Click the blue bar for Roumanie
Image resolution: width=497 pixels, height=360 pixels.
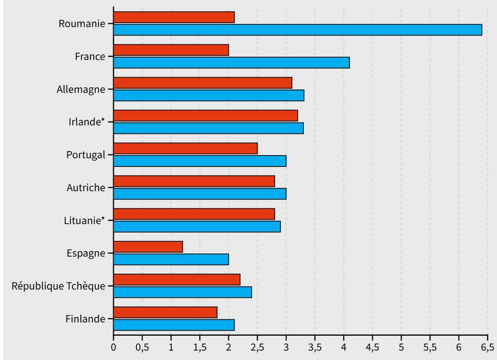pos(298,30)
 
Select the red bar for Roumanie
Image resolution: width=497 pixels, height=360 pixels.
pos(174,17)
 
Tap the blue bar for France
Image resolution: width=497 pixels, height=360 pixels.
pos(231,63)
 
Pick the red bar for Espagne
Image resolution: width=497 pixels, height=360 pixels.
pos(148,247)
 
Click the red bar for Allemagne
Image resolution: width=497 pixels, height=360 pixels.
pos(202,83)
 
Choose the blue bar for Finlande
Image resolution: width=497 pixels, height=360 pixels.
pos(174,325)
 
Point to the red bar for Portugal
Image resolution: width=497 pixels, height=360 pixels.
pos(185,149)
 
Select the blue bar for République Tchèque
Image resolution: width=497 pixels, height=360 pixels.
pos(183,292)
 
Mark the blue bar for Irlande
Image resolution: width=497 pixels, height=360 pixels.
pos(208,128)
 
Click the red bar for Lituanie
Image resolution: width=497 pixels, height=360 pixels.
pos(194,214)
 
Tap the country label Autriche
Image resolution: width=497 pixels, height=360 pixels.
pos(86,188)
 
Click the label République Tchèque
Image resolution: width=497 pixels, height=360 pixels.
pos(59,286)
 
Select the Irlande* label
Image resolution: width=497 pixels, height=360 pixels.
pos(86,122)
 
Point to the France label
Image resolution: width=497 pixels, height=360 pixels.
pos(90,56)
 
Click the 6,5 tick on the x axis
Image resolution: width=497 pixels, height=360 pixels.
pos(487,348)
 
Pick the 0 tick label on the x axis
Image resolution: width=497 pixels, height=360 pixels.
pos(114,348)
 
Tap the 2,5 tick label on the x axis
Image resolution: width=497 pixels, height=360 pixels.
pos(257,348)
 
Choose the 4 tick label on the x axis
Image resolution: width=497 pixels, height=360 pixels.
pos(344,348)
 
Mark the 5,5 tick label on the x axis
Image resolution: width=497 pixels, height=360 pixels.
pos(430,348)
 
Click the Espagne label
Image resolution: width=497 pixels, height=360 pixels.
pos(86,253)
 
